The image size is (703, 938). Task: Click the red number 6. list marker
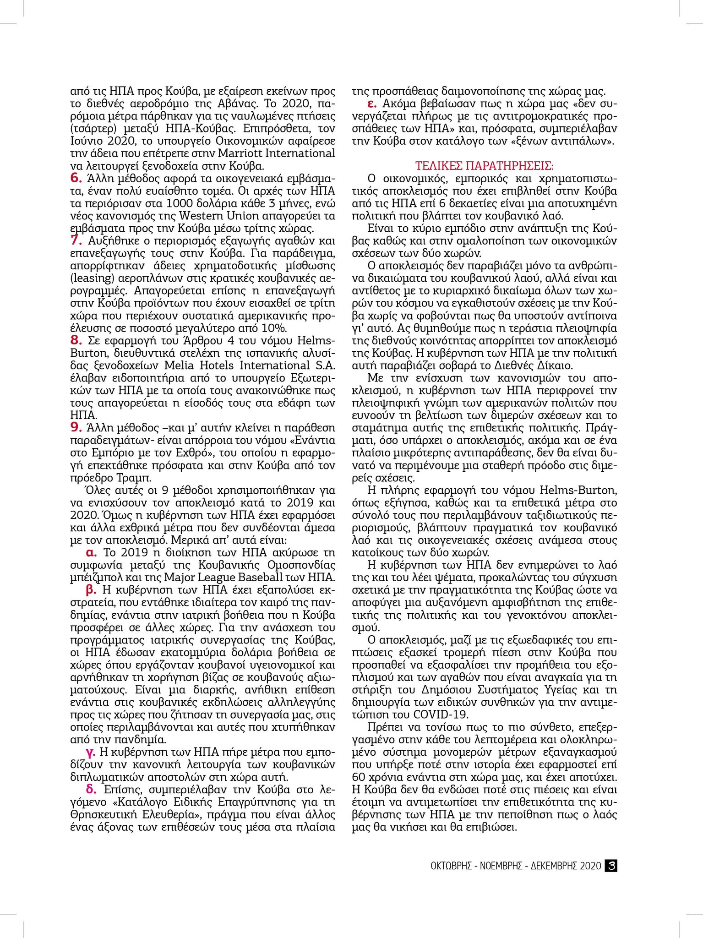76,178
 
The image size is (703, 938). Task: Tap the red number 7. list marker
76,240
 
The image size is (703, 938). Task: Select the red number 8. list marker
76,340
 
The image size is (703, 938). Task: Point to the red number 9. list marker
76,428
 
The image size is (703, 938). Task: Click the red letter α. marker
92,552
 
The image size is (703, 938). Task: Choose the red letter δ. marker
91,790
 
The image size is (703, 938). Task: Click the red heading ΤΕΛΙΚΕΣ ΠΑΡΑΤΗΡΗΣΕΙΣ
485,166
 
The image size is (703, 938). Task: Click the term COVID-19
441,714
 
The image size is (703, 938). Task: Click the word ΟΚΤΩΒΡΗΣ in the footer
451,866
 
